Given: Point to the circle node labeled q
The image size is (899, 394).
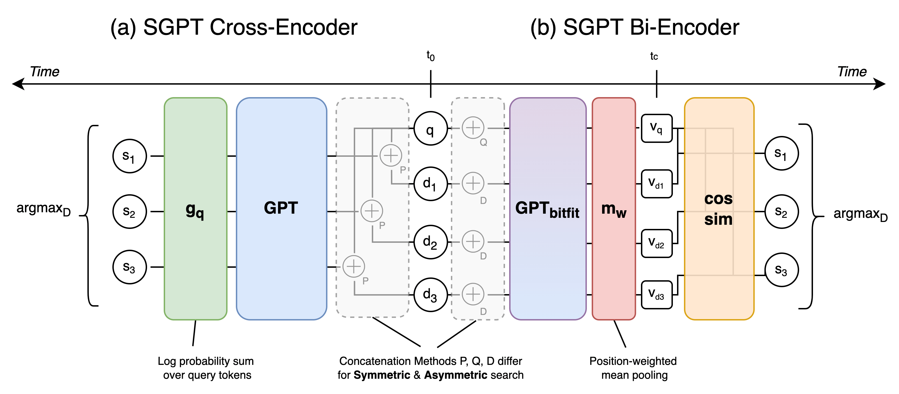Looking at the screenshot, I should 430,128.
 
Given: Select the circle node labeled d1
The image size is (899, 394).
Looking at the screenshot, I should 430,184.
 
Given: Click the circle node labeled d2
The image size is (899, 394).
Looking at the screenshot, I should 430,242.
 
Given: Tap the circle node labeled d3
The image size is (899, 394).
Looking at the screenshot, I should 430,295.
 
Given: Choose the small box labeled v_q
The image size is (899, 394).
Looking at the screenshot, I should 656,128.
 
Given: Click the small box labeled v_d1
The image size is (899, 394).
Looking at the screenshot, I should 656,184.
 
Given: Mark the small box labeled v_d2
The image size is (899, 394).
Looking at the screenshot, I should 656,243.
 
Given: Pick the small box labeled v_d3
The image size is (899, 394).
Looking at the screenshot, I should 656,295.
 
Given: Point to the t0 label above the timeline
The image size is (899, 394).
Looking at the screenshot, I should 431,56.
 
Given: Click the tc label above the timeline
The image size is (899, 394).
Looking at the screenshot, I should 654,56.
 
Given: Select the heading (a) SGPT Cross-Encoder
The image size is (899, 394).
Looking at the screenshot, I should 234,27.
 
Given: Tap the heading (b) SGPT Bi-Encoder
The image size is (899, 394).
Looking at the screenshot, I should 635,27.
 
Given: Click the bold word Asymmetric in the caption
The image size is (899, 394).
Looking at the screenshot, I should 455,375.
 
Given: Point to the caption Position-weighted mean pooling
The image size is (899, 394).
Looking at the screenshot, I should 633,368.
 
